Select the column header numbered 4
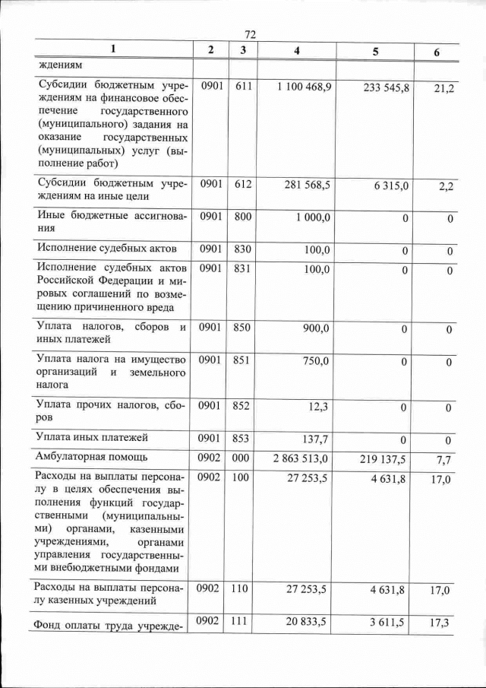[296, 52]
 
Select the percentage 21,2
[440, 90]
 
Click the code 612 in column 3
[243, 185]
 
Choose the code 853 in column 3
[242, 439]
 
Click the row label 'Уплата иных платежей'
[91, 438]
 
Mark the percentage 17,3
[440, 622]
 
